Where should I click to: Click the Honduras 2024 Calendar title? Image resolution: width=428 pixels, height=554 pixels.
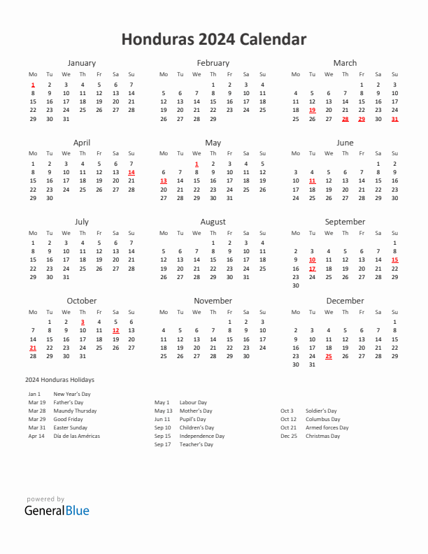[213, 39]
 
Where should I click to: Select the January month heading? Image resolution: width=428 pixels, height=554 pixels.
[82, 63]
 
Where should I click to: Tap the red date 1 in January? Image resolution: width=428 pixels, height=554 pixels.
[32, 84]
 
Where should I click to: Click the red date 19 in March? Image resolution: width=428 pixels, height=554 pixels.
[312, 110]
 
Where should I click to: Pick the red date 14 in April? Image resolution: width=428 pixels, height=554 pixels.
[131, 172]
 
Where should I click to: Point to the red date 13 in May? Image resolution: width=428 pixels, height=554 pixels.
[164, 180]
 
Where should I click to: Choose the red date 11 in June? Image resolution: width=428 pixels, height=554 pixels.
[312, 180]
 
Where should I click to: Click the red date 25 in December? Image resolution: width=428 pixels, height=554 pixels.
[329, 356]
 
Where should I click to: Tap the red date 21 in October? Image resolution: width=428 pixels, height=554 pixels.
[32, 348]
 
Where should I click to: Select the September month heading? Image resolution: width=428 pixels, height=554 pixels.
[345, 222]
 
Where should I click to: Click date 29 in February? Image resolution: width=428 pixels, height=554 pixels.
[213, 118]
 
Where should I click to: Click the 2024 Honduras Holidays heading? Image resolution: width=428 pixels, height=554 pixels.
[59, 380]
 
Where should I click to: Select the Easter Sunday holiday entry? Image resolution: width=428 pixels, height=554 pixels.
[71, 427]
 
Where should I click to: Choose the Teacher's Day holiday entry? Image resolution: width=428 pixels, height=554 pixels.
[197, 444]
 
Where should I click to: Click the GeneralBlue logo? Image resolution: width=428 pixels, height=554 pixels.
[57, 510]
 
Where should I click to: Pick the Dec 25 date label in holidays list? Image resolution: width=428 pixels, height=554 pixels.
[288, 436]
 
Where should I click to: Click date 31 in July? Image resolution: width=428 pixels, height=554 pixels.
[66, 277]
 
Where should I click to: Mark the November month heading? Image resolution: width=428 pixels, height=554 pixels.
[213, 301]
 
